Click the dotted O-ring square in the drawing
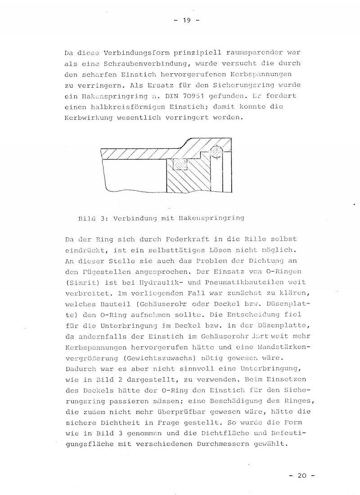click(180, 165)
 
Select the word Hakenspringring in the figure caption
click(217, 218)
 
